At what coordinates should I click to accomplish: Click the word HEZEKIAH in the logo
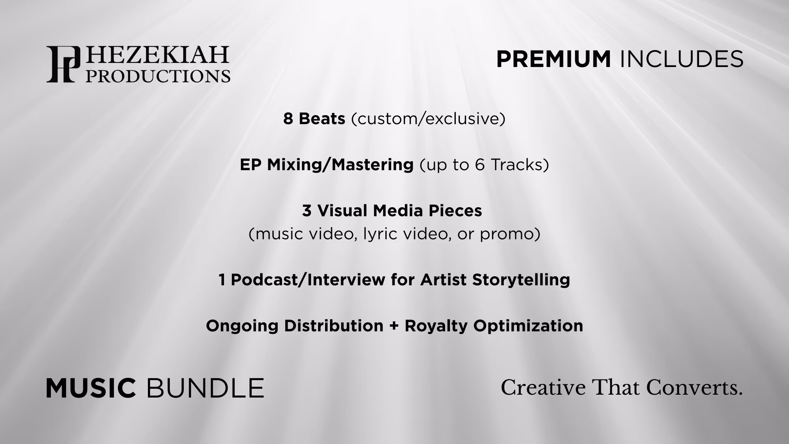pyautogui.click(x=157, y=55)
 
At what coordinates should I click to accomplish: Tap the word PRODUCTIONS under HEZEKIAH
pyautogui.click(x=158, y=76)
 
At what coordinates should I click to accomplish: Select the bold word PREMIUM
pyautogui.click(x=554, y=59)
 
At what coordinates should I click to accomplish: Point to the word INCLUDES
pyautogui.click(x=681, y=59)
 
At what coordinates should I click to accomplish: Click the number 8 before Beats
pyautogui.click(x=288, y=119)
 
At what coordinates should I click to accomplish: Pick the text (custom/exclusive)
pyautogui.click(x=428, y=119)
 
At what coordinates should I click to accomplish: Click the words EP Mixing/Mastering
pyautogui.click(x=327, y=165)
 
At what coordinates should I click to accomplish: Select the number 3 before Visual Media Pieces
pyautogui.click(x=307, y=211)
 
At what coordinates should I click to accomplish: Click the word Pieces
pyautogui.click(x=455, y=211)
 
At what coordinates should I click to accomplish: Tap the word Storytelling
pyautogui.click(x=521, y=280)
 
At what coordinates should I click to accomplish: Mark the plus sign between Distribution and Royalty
pyautogui.click(x=394, y=326)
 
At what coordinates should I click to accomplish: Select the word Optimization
pyautogui.click(x=528, y=326)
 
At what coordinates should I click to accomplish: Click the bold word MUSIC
pyautogui.click(x=91, y=388)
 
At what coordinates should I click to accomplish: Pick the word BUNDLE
pyautogui.click(x=205, y=388)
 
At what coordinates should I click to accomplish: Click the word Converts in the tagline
pyautogui.click(x=694, y=387)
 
